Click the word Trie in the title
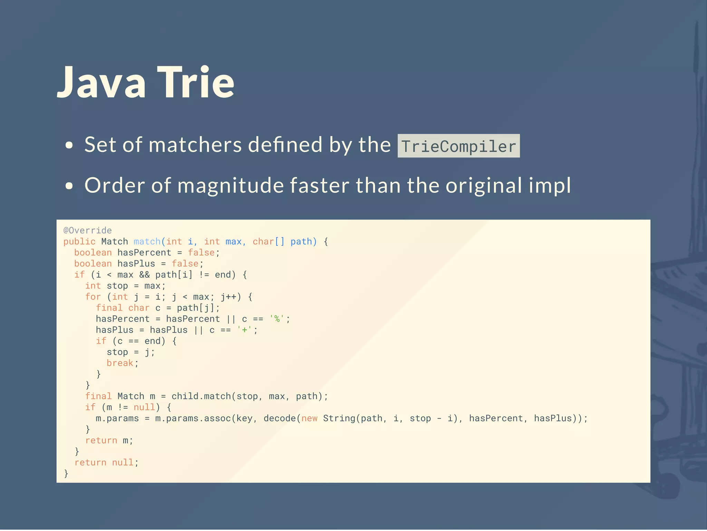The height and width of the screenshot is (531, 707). pos(196,83)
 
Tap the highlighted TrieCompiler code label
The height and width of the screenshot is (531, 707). pos(458,146)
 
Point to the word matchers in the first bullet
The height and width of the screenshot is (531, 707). pos(195,145)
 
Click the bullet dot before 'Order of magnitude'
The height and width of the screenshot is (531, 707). pos(69,186)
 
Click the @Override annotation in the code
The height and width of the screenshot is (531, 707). pos(88,230)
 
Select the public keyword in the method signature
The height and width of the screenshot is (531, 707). pos(79,241)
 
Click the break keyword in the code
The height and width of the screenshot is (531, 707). pos(120,363)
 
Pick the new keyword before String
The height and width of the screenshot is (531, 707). pos(309,418)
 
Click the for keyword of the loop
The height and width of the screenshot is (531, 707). pos(93,297)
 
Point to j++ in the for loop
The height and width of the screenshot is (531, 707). pos(228,297)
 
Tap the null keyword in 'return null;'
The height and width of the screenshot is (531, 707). pos(123,462)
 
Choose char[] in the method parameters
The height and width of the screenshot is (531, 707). pos(269,241)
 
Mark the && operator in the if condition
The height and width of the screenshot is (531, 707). pos(144,274)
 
